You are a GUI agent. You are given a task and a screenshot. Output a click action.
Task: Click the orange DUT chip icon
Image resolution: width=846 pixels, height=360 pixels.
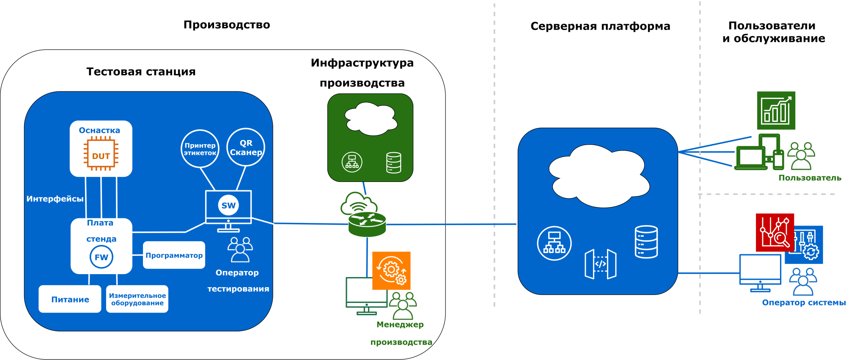[x=101, y=153]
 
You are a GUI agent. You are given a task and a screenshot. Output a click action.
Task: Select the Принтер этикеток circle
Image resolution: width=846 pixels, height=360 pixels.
[x=200, y=149]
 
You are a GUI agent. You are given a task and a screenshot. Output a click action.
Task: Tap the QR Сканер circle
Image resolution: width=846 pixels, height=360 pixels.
[x=246, y=148]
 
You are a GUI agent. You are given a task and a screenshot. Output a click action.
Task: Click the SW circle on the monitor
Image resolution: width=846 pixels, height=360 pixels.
[x=228, y=206]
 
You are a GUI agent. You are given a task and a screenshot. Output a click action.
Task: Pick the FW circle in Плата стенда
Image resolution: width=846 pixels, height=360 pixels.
[x=102, y=257]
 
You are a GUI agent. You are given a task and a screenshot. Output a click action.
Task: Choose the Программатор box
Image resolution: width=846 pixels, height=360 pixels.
[x=174, y=255]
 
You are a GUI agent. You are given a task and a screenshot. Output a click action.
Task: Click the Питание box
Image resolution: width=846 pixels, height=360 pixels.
[x=70, y=299]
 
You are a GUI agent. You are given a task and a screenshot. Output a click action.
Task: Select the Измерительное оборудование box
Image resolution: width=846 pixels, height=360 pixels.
[x=137, y=299]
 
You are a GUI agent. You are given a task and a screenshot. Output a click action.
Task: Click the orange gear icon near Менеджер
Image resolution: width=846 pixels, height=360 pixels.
[x=391, y=271]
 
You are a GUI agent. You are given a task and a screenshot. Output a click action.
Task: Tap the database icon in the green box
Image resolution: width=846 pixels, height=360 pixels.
[x=393, y=163]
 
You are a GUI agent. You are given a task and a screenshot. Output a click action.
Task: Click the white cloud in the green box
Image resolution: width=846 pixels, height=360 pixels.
[x=371, y=118]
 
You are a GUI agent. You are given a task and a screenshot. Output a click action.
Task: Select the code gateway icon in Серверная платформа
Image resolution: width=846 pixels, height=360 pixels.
[x=600, y=264]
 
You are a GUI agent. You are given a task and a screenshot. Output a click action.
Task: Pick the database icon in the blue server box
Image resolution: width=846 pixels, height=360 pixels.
[x=646, y=242]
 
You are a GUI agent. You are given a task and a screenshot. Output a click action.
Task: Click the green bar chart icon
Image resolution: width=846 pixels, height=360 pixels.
[x=776, y=110]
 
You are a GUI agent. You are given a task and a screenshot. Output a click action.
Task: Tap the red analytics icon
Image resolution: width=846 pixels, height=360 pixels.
[x=775, y=233]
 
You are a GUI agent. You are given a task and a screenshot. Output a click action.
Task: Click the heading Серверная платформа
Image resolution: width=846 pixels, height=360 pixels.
[x=600, y=26]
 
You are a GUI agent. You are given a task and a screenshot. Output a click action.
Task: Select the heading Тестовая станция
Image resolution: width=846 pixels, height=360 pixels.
[x=141, y=71]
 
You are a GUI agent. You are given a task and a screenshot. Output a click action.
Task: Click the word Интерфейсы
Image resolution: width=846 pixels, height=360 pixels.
[x=55, y=199]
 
